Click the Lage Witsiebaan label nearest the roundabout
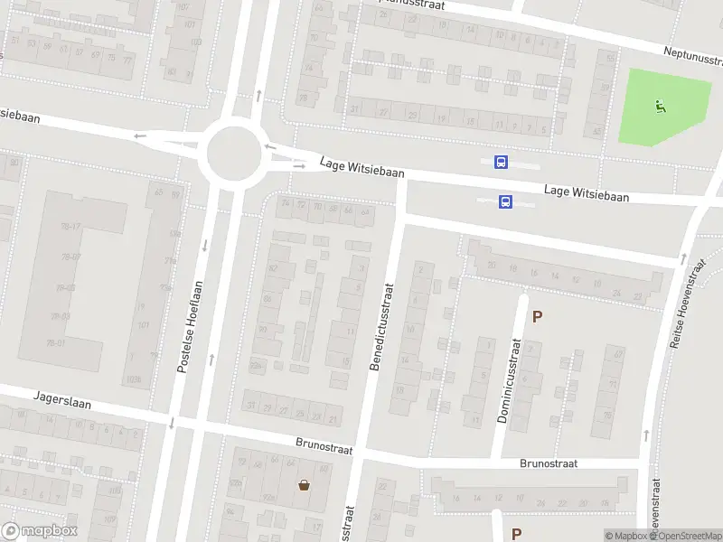tap(361, 167)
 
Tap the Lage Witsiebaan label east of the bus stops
tap(587, 192)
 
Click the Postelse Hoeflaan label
tap(187, 327)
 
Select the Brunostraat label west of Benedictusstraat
tap(324, 445)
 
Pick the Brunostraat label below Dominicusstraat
tap(549, 463)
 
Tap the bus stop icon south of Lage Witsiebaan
tap(506, 202)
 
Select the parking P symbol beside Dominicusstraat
tap(538, 317)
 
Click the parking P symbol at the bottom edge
tap(517, 533)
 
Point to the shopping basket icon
tap(305, 485)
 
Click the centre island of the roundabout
tap(234, 154)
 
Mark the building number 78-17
tap(71, 226)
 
